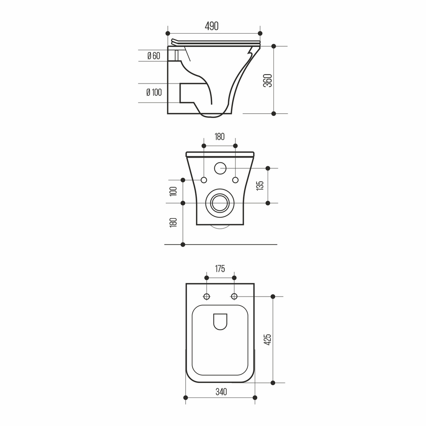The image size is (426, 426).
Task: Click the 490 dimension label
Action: (x=211, y=26)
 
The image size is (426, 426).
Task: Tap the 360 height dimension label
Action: (x=268, y=81)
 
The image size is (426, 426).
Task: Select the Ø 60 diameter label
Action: (x=154, y=56)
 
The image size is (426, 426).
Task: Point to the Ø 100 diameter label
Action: (x=154, y=92)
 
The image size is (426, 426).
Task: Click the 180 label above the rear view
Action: (x=219, y=136)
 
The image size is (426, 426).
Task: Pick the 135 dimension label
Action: (x=260, y=186)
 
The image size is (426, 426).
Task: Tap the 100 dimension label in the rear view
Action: (x=173, y=191)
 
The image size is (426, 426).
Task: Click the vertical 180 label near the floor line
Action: (x=173, y=222)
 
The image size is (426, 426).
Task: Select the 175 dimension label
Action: (x=220, y=269)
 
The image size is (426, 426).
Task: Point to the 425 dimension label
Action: (x=268, y=340)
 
